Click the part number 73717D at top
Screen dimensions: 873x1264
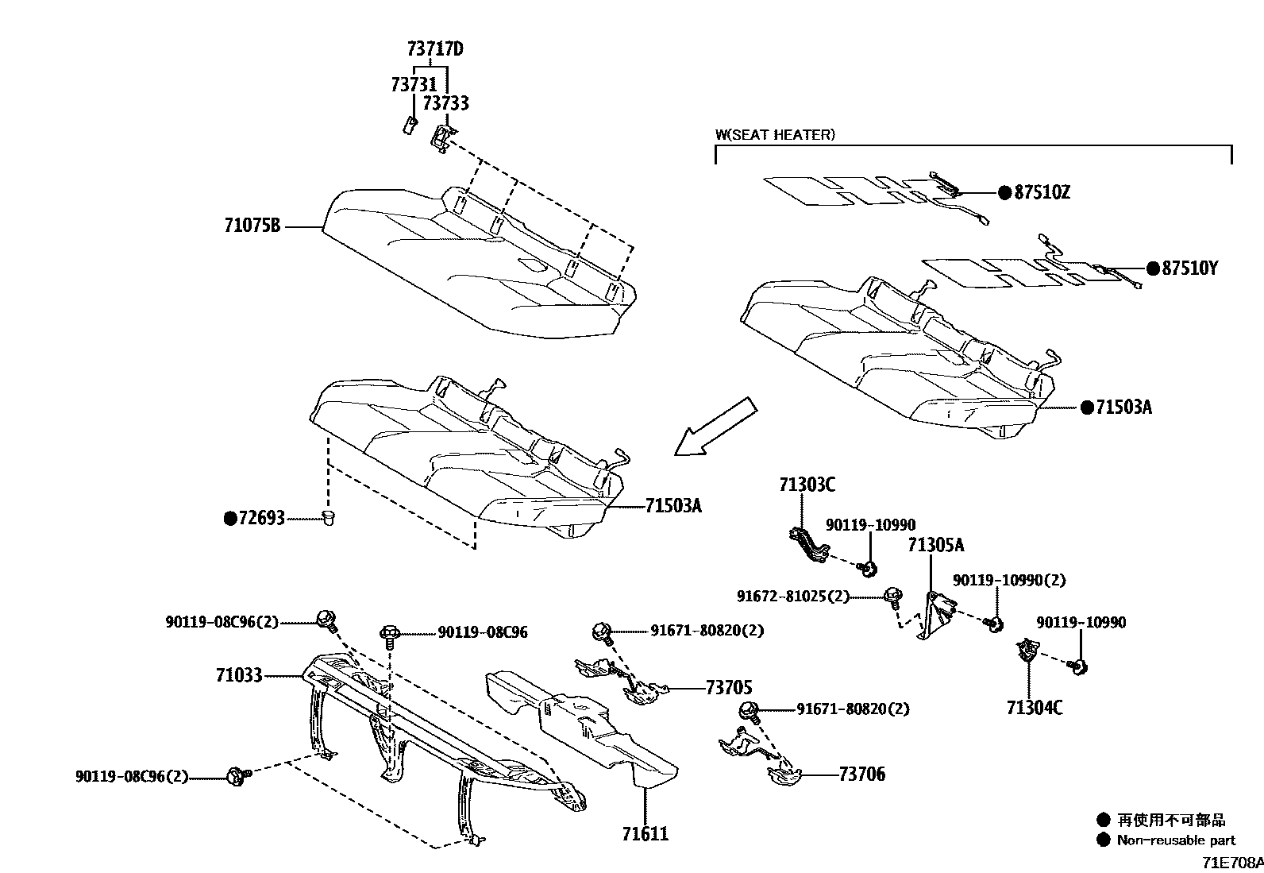(x=434, y=49)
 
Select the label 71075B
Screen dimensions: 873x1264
(x=252, y=226)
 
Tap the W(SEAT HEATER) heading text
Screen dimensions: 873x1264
(x=775, y=135)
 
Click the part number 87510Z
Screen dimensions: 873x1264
(x=1042, y=192)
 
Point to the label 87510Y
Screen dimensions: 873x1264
(x=1189, y=269)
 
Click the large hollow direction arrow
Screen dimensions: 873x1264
(x=714, y=427)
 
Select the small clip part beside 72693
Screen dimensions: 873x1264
(x=329, y=519)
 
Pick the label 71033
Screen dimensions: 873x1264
(x=238, y=676)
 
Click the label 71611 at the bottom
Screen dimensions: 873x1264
(x=645, y=834)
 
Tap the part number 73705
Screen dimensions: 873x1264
(x=728, y=688)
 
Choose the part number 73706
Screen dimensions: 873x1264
(x=861, y=774)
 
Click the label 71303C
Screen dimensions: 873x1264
(x=807, y=485)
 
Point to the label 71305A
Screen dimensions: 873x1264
(x=936, y=545)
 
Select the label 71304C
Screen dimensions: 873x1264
(x=1034, y=707)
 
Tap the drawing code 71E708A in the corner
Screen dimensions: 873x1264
(x=1231, y=863)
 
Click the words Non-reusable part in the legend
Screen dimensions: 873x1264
(x=1176, y=840)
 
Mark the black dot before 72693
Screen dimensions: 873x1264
(x=230, y=519)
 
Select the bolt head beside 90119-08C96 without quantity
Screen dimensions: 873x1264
(x=391, y=633)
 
